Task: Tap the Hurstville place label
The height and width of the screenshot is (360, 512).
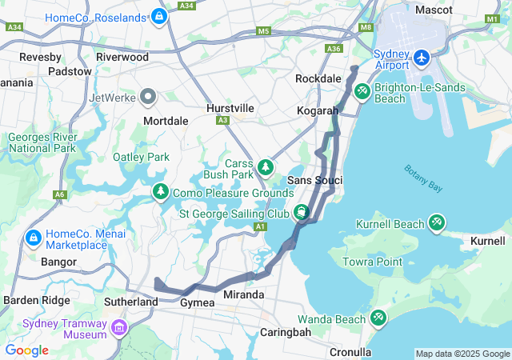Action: [230, 107]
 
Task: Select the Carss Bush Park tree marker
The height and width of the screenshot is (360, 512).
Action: [266, 168]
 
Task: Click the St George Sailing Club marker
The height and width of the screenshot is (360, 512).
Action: [302, 213]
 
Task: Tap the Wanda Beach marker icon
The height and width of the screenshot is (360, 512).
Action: [378, 319]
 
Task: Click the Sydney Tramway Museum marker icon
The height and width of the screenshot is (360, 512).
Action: [119, 328]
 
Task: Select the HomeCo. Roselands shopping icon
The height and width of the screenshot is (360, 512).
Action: [159, 16]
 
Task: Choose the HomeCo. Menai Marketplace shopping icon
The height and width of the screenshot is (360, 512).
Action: [34, 238]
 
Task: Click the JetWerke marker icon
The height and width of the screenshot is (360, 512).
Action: [147, 98]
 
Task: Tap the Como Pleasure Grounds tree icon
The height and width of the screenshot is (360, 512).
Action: [160, 192]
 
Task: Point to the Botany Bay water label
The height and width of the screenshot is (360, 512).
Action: [422, 178]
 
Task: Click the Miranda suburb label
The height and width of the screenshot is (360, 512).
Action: [243, 294]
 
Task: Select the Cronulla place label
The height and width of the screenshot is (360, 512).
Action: [350, 351]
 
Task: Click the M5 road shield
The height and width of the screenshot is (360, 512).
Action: [264, 31]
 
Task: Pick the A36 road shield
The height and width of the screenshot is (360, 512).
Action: [334, 49]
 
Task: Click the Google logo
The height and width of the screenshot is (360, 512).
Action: [26, 350]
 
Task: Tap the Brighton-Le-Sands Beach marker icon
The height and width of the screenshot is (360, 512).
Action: [362, 92]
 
